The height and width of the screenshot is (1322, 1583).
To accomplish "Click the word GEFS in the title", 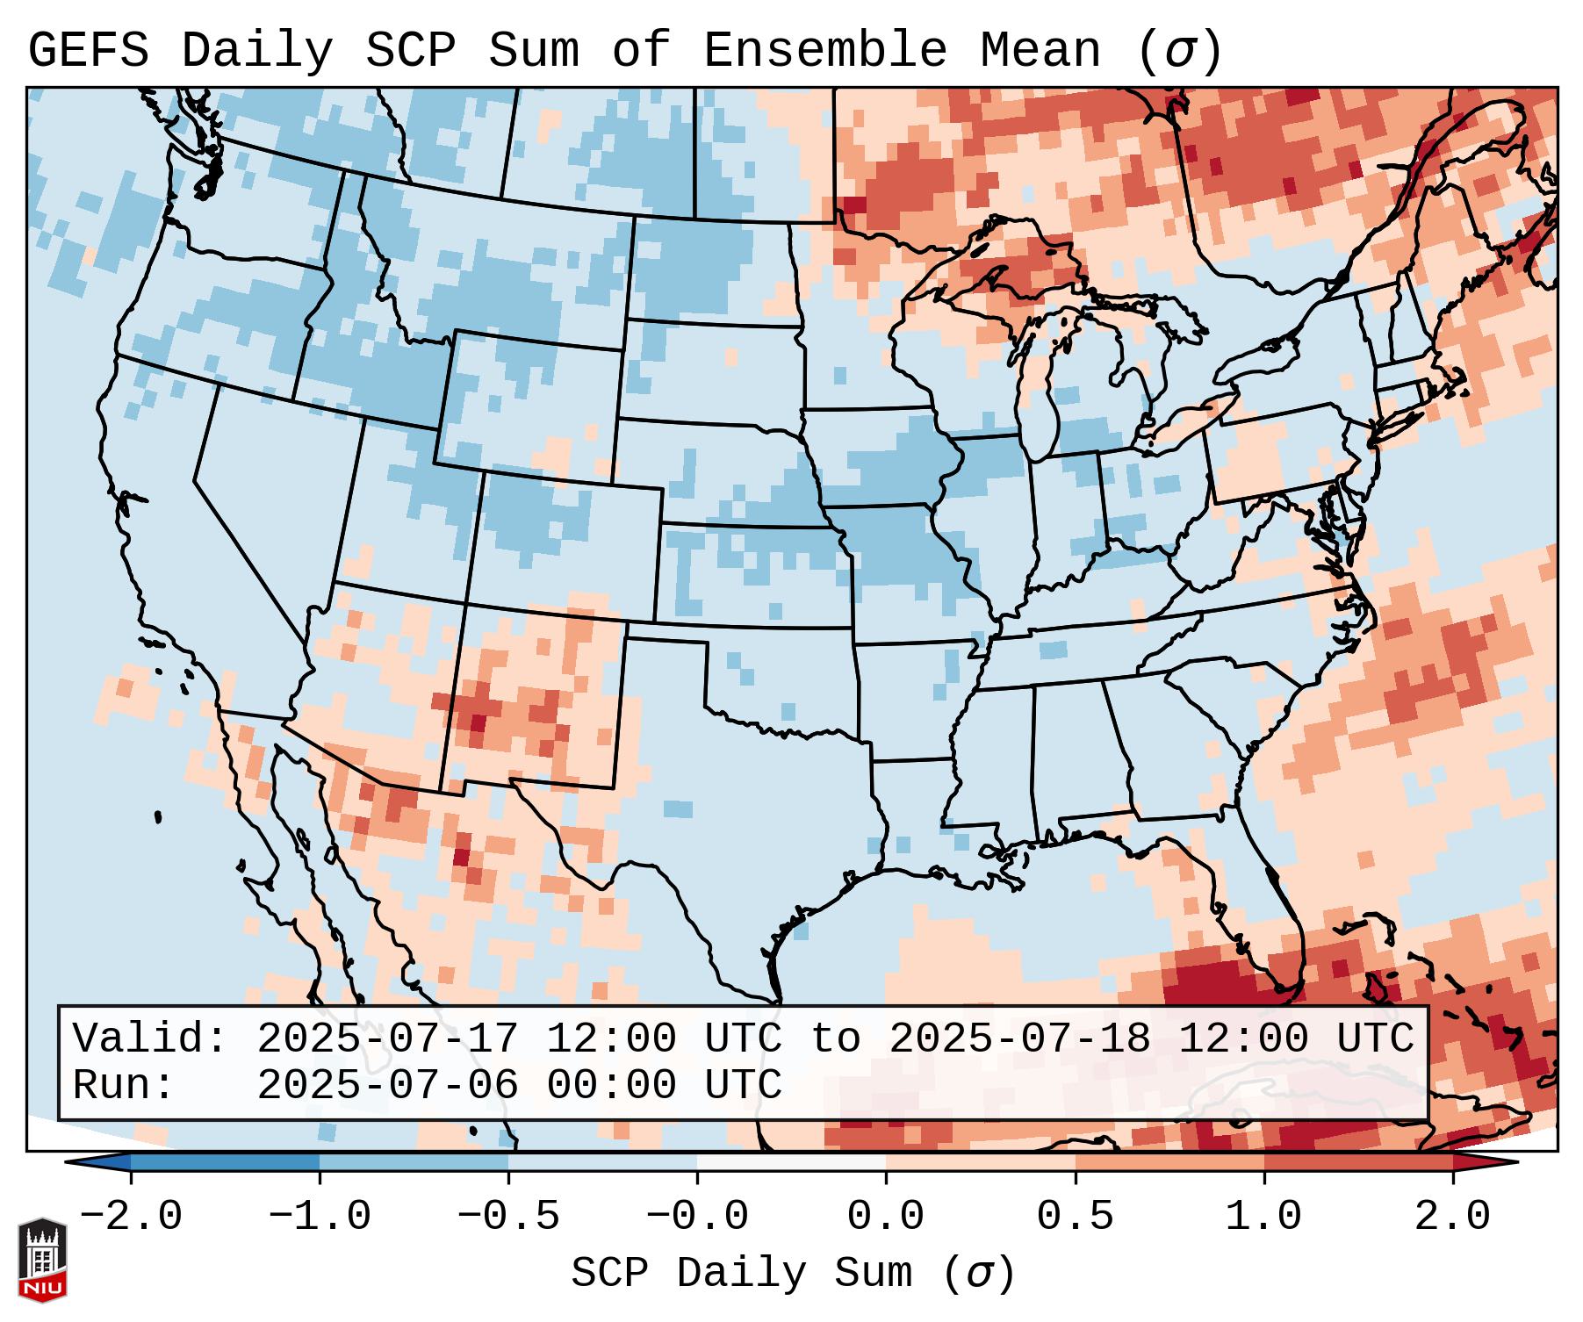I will (88, 51).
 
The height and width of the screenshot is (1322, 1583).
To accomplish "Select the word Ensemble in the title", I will (825, 51).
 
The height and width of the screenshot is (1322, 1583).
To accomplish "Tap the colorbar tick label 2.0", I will (1452, 1217).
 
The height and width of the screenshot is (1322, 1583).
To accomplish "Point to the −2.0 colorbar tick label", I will (131, 1217).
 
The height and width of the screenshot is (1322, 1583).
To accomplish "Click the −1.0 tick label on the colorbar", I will (320, 1217).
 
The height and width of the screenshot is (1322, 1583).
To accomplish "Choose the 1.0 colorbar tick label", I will (1263, 1217).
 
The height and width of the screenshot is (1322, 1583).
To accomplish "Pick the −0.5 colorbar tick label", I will (508, 1217).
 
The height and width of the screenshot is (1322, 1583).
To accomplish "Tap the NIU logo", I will (42, 1260).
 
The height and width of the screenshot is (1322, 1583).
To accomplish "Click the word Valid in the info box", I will (149, 1039).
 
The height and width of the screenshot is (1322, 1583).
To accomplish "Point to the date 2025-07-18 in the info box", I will (1019, 1039).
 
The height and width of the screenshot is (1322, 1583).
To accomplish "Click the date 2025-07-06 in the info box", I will (387, 1086).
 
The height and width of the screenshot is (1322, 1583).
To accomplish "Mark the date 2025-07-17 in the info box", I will (387, 1039).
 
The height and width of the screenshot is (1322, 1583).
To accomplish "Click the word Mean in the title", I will (1040, 51).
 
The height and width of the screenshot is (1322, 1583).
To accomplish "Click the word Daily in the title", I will (257, 51).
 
